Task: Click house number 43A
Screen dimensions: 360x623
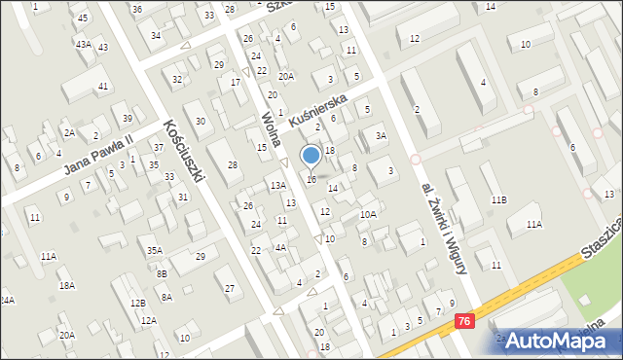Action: [x=84, y=45]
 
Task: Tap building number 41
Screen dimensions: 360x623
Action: [x=103, y=87]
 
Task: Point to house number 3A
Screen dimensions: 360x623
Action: [x=382, y=135]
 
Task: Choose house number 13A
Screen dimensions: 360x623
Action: [x=278, y=185]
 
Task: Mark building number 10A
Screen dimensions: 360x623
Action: [x=368, y=214]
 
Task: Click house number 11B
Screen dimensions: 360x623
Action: [x=498, y=199]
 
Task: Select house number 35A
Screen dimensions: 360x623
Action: [x=155, y=250]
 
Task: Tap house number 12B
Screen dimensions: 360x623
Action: [x=137, y=303]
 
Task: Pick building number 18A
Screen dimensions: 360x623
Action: [x=66, y=285]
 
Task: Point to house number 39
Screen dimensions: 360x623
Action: [x=128, y=119]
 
